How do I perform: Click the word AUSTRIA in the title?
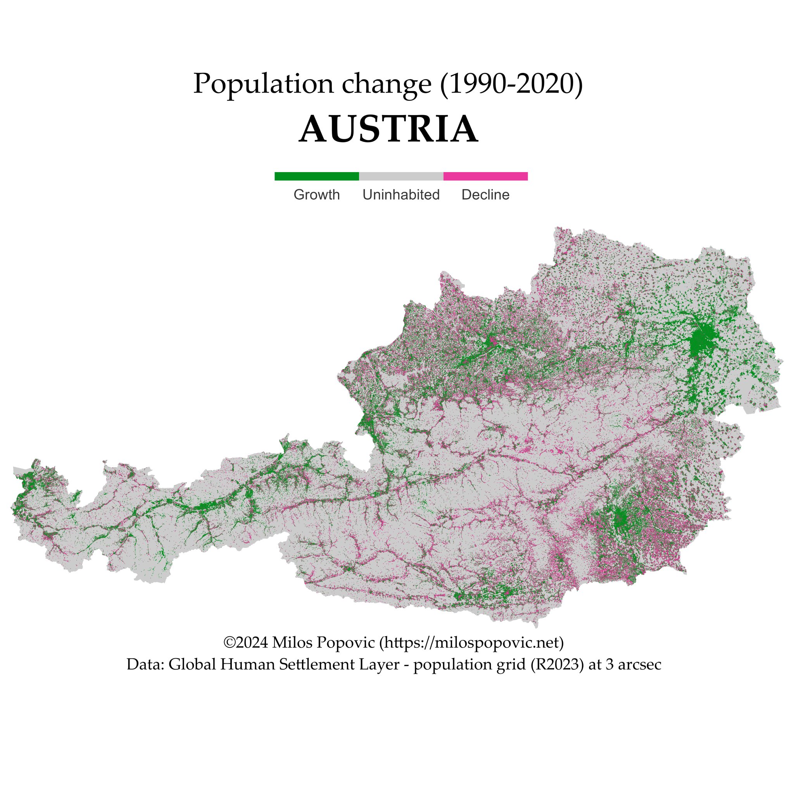(x=388, y=129)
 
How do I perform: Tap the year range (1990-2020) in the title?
(x=511, y=84)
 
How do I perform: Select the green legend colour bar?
(x=316, y=176)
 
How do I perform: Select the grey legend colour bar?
(x=401, y=176)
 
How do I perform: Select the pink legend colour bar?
(x=485, y=176)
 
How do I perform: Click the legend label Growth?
(x=316, y=195)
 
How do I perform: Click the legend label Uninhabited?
(x=401, y=195)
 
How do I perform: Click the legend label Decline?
(x=485, y=195)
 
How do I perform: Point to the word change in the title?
(x=386, y=85)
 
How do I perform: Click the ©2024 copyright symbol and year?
(x=245, y=642)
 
